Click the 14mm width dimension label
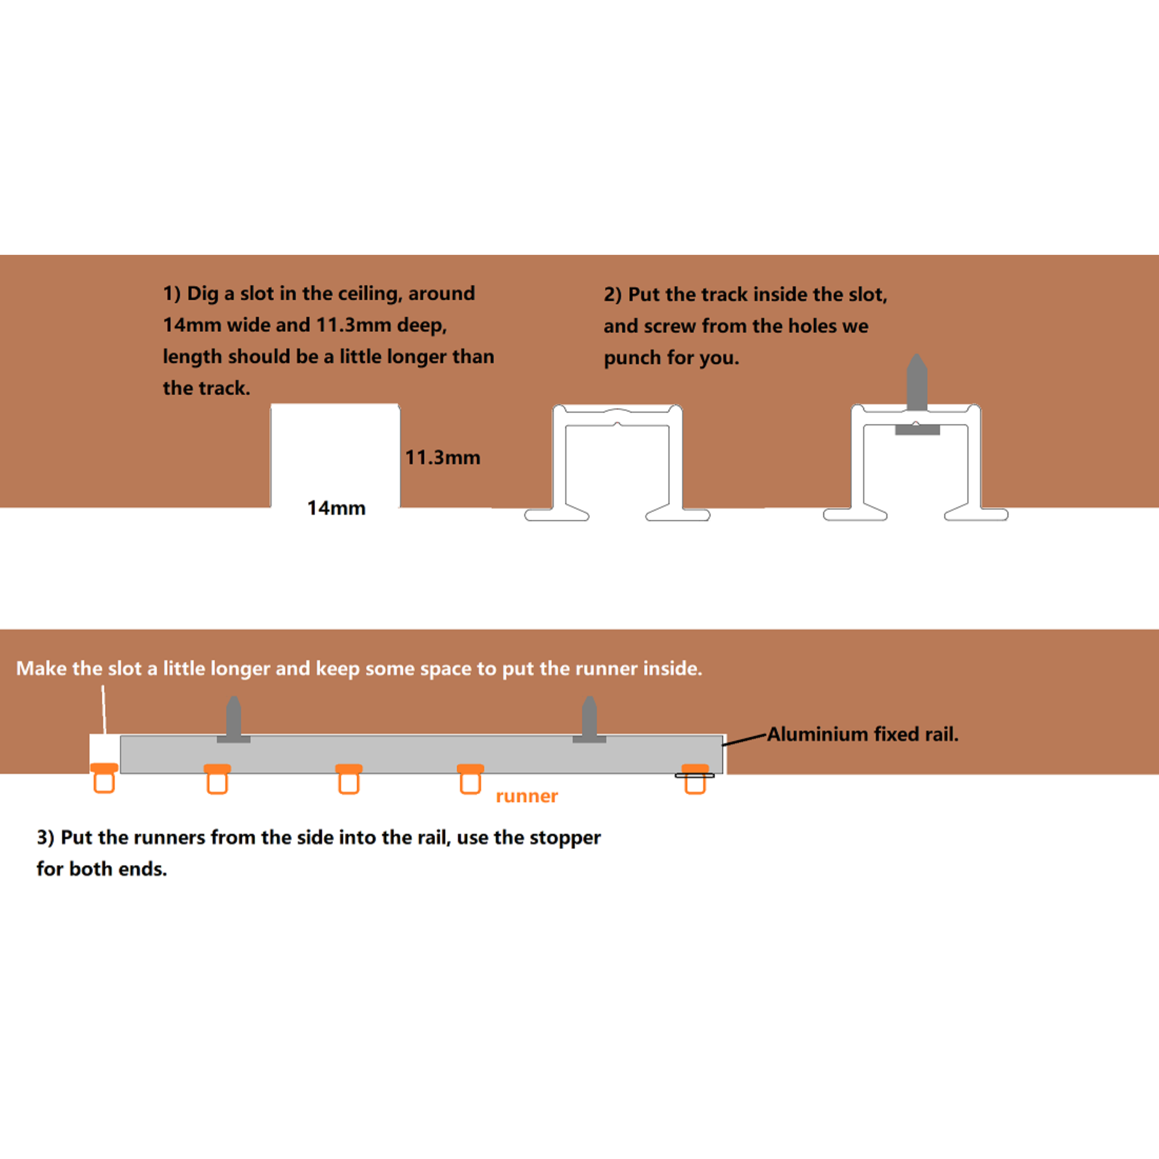pos(336,508)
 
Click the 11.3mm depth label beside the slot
pos(443,458)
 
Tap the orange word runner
pos(527,796)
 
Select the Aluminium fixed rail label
pos(862,734)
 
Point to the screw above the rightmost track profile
pos(917,383)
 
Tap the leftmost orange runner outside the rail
pos(105,778)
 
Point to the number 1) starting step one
pos(172,293)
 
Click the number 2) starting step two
pos(613,295)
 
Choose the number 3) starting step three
pos(46,838)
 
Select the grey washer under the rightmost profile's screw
pos(917,430)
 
